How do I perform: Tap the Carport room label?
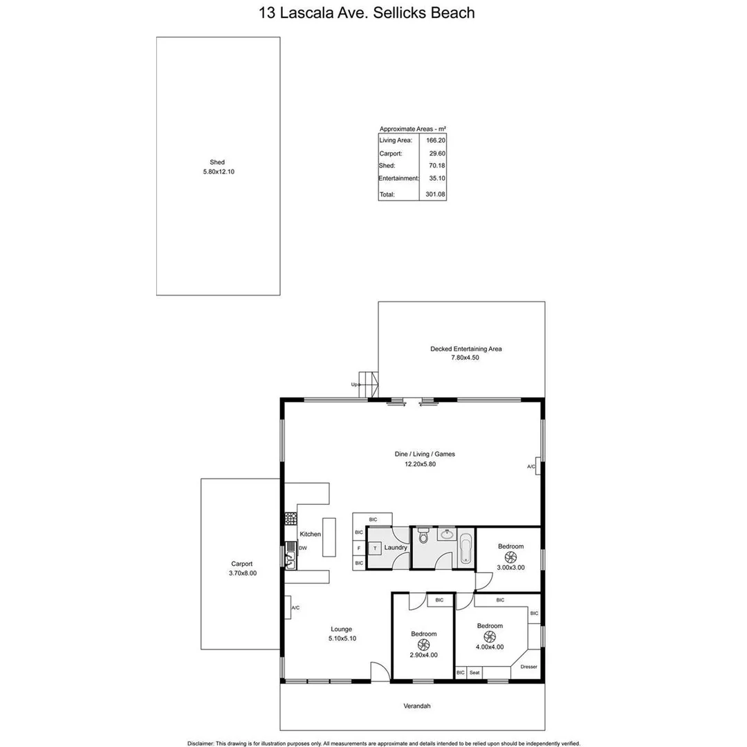coord(242,564)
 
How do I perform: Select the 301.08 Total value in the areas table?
coord(436,195)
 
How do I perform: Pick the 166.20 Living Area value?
coord(436,140)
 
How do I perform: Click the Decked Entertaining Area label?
coord(465,349)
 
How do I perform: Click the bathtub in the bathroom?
coord(465,550)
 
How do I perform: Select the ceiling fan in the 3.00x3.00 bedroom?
coord(511,557)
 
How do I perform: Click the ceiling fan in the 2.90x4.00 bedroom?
coord(424,645)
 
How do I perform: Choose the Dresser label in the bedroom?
coord(528,667)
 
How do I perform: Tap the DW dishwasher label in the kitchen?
coord(303,548)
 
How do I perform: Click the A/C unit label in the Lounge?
coord(295,608)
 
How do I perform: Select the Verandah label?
coord(412,706)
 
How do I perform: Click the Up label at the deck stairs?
coord(356,384)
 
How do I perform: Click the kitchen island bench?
coord(329,537)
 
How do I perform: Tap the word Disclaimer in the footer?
coord(202,743)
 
